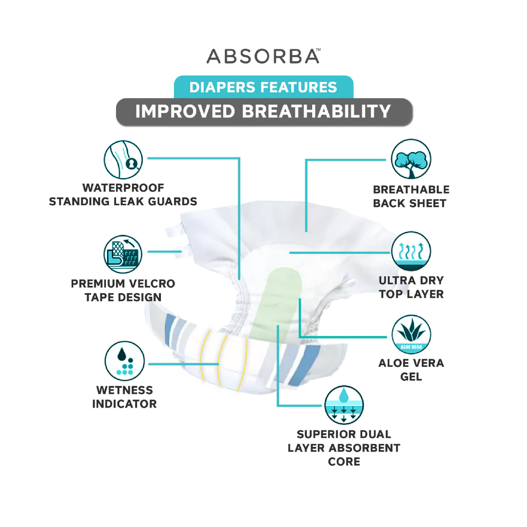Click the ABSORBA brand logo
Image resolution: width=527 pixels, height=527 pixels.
(x=263, y=56)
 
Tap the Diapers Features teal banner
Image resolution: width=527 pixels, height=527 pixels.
(x=263, y=87)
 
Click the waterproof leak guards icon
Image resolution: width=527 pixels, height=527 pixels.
(x=123, y=160)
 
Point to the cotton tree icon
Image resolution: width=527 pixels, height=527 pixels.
(x=411, y=159)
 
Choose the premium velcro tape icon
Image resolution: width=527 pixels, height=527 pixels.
(x=123, y=254)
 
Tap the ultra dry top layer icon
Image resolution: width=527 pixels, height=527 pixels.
(x=411, y=251)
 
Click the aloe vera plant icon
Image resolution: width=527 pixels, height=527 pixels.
(x=411, y=334)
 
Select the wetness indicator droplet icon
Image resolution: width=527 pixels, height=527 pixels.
(x=125, y=361)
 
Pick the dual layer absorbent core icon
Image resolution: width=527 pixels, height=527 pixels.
(x=344, y=405)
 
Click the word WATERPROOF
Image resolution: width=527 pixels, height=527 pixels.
(x=123, y=188)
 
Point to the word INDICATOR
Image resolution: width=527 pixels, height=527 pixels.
(x=124, y=404)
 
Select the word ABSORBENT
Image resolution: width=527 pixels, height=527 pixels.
(x=364, y=448)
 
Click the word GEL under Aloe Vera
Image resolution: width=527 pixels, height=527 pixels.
(x=411, y=377)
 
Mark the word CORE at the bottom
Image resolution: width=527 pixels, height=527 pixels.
(x=344, y=462)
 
